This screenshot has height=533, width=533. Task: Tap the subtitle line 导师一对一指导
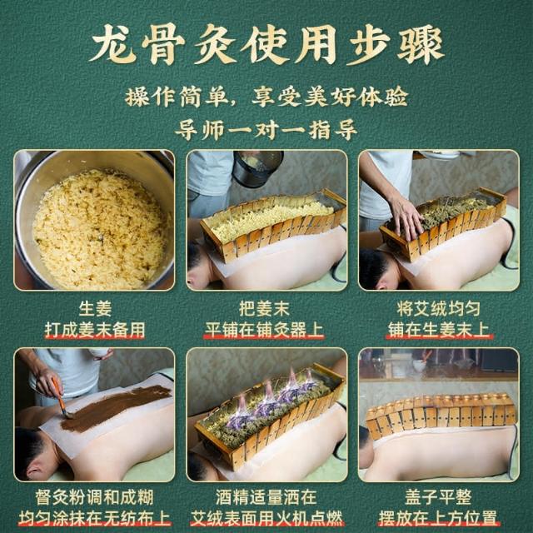(x=266, y=129)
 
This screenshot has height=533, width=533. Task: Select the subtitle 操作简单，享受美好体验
(x=266, y=97)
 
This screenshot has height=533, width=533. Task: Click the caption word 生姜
(x=95, y=309)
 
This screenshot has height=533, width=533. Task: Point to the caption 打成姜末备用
(x=95, y=330)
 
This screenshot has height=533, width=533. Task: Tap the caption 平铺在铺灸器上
(x=264, y=330)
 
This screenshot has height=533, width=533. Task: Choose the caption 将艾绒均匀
(x=439, y=309)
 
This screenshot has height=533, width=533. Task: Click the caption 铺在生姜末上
(x=439, y=330)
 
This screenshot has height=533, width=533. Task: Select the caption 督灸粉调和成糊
(x=94, y=497)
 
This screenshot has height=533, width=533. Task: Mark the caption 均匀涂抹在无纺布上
(x=94, y=518)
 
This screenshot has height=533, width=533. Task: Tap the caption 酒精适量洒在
(x=266, y=497)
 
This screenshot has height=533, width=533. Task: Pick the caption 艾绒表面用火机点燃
(x=266, y=518)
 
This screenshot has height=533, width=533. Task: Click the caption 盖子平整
(x=439, y=497)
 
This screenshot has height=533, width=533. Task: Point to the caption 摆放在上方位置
(x=439, y=518)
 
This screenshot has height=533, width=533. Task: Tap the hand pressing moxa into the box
(x=406, y=217)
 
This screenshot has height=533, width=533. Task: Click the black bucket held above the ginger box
(x=257, y=168)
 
